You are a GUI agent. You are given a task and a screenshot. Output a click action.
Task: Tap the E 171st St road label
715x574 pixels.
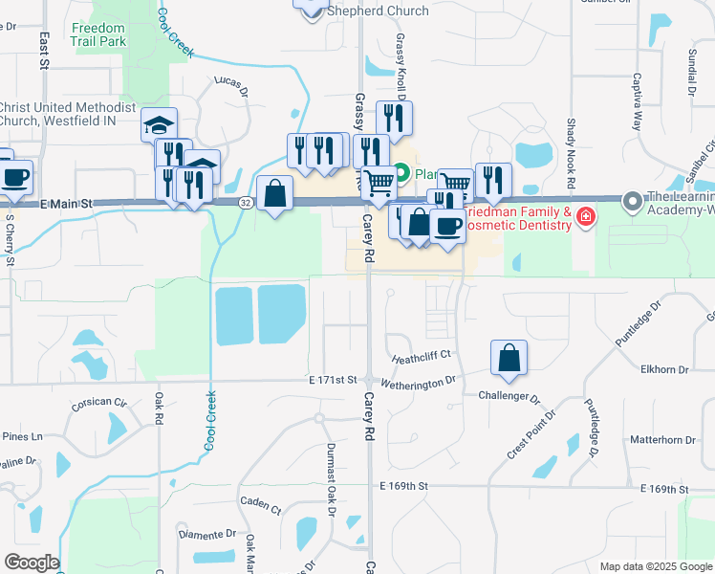[x=333, y=381]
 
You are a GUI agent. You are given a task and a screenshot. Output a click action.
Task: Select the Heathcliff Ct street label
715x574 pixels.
[x=421, y=356]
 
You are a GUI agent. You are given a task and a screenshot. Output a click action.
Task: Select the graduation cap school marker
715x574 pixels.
[x=160, y=125]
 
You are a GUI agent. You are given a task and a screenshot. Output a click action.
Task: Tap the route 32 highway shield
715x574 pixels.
[x=246, y=202]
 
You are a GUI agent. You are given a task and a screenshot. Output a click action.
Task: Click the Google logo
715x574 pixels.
[x=31, y=563]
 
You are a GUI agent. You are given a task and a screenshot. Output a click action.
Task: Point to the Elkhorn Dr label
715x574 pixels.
[x=665, y=369]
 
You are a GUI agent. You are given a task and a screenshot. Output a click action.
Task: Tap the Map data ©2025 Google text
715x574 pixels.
[x=656, y=566]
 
